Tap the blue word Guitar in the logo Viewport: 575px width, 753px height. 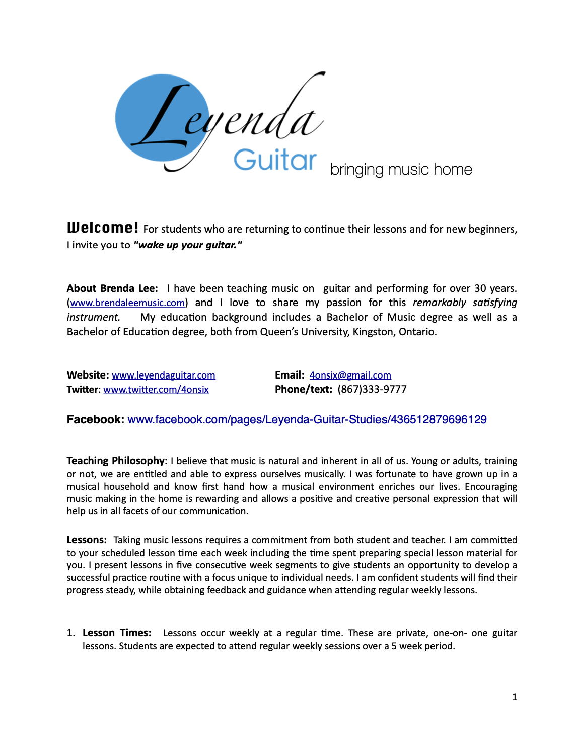(x=275, y=160)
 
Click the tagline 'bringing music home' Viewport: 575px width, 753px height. (x=401, y=170)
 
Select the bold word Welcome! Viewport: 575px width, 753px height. (x=103, y=228)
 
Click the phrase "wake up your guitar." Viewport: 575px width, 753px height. (x=188, y=245)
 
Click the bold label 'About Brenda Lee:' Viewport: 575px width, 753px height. (x=112, y=288)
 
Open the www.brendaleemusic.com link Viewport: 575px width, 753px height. (x=127, y=303)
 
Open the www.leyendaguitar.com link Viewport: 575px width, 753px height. (x=164, y=375)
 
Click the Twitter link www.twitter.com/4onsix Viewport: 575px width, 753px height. (x=156, y=390)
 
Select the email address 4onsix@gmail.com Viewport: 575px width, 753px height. (x=350, y=375)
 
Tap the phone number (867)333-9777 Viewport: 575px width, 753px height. (x=372, y=390)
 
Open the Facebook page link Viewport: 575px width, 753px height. (x=307, y=420)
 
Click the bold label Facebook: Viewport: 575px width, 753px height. (x=96, y=420)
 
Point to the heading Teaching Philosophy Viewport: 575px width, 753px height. (x=116, y=461)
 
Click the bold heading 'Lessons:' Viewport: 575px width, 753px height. (x=87, y=540)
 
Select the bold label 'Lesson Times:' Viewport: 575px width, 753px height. (x=117, y=633)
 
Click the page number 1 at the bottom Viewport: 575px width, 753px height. (x=515, y=697)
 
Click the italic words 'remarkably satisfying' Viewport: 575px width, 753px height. (x=465, y=303)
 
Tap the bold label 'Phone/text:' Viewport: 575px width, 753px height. (x=304, y=390)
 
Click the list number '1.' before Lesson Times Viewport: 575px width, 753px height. (x=71, y=633)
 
